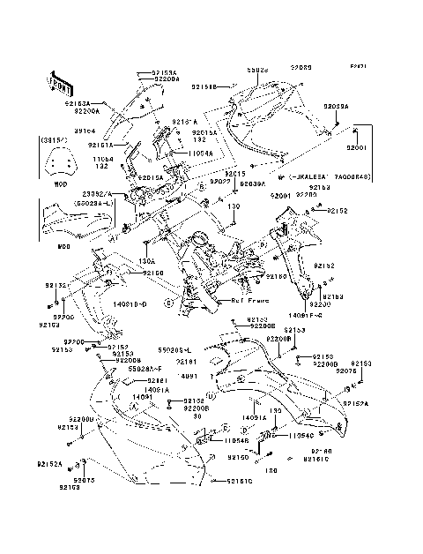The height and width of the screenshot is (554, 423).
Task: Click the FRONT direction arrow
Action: click(x=59, y=80)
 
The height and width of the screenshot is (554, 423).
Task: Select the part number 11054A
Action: click(x=200, y=152)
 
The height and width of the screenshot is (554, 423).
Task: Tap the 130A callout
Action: click(x=147, y=261)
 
